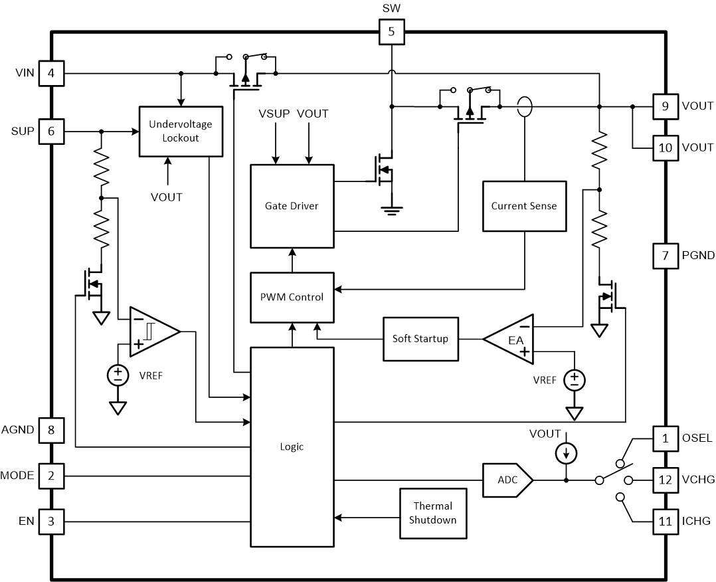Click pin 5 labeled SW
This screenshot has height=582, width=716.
pyautogui.click(x=391, y=31)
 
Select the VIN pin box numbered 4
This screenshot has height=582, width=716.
pyautogui.click(x=51, y=72)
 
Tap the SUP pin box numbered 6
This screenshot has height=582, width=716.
pyautogui.click(x=51, y=132)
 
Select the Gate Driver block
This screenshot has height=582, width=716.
pyautogui.click(x=292, y=206)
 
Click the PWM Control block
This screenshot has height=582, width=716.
pyautogui.click(x=292, y=296)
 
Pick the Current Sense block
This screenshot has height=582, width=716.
pyautogui.click(x=524, y=206)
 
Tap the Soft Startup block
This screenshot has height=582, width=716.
pyautogui.click(x=420, y=339)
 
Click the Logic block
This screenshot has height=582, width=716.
pyautogui.click(x=292, y=446)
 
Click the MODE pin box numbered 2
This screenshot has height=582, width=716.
pyautogui.click(x=51, y=476)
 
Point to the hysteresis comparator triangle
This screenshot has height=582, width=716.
pyautogui.click(x=151, y=331)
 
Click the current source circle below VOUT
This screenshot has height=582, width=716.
pyautogui.click(x=566, y=454)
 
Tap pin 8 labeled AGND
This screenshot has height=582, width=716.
pyautogui.click(x=51, y=430)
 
